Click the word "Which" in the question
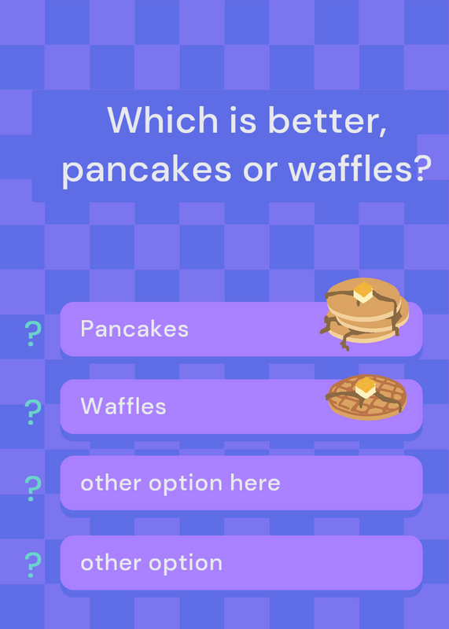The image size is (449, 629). coord(163,120)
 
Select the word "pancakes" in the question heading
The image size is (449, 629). coord(147,169)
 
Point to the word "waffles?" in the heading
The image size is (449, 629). coord(360,168)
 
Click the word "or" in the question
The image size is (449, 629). coord(260,171)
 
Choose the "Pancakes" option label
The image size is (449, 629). coord(134,329)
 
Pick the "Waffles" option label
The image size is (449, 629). coord(123,406)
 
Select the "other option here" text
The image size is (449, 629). coord(181,483)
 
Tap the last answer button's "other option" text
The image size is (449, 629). coord(151,563)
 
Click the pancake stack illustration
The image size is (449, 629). coord(364,313)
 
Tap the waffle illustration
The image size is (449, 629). coord(366,397)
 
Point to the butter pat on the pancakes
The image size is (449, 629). coord(363,292)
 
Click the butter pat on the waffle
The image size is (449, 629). coord(366,388)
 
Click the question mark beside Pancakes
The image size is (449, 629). coord(33,333)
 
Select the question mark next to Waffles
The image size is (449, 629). coord(33,412)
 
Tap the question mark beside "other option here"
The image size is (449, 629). coord(33,488)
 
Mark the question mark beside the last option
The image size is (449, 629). coord(33,565)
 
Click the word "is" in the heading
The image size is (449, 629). coord(243,120)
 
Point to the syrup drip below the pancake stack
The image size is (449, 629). coord(345,342)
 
